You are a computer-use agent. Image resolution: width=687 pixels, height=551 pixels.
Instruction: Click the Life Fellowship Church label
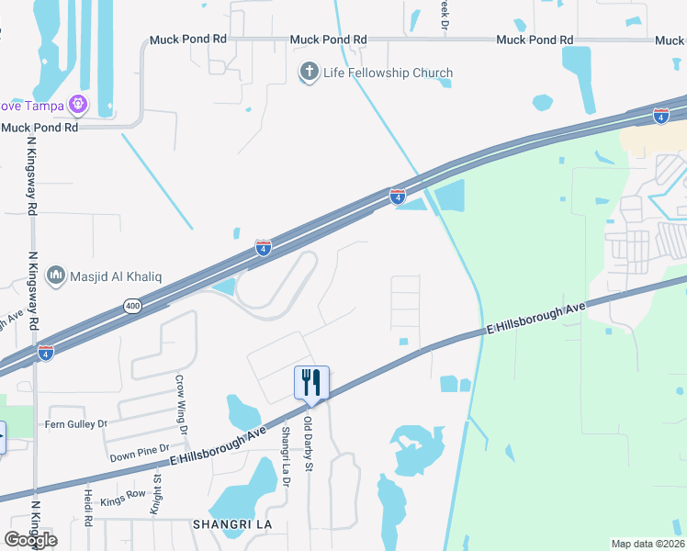pyautogui.click(x=388, y=73)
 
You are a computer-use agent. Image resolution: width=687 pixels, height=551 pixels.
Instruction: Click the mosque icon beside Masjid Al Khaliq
pyautogui.click(x=55, y=275)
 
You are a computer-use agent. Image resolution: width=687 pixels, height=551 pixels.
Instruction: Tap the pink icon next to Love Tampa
pyautogui.click(x=80, y=106)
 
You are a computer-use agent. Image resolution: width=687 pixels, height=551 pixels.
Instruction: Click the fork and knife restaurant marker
pyautogui.click(x=311, y=382)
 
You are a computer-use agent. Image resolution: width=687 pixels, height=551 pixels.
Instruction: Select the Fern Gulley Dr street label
pyautogui.click(x=76, y=424)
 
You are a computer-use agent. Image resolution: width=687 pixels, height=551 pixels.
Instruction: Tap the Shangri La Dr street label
pyautogui.click(x=286, y=450)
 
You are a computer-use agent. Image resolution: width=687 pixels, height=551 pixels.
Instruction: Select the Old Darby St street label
pyautogui.click(x=309, y=445)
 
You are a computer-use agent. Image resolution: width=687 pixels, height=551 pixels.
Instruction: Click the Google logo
pyautogui.click(x=30, y=539)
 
